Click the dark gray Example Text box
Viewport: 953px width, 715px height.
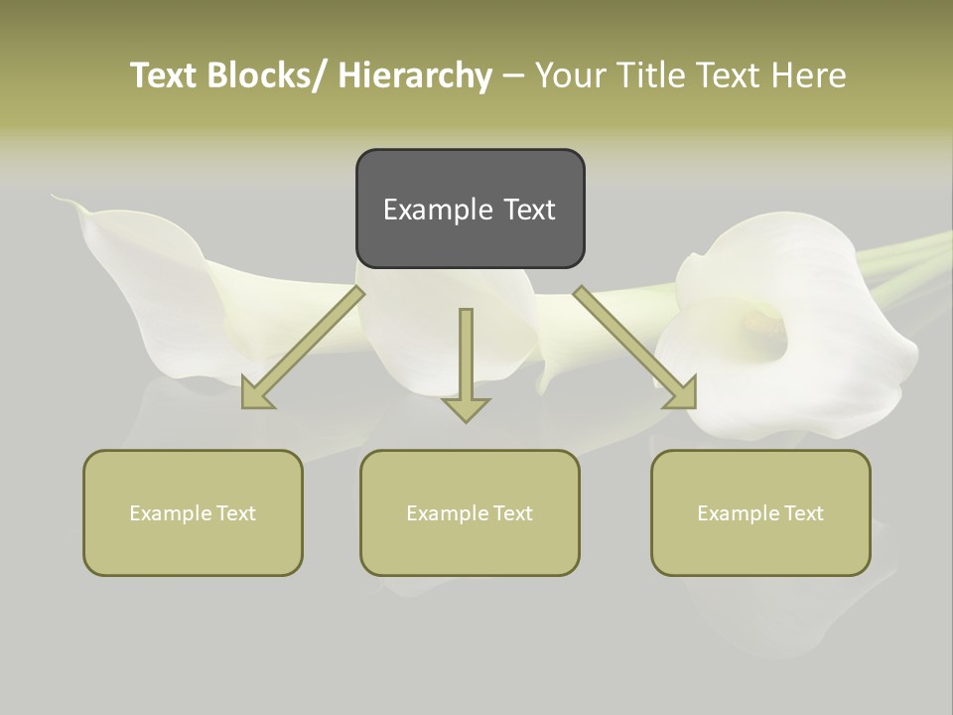[470, 209]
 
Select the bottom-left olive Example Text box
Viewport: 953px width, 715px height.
[193, 512]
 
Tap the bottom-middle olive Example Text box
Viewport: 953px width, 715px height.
[470, 512]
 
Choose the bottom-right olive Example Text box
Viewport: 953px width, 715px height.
[760, 512]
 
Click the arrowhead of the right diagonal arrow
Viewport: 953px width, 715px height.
[684, 395]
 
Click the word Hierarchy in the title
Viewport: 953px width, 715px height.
[415, 75]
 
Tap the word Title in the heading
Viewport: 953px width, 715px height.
[650, 75]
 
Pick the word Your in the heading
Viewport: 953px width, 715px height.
[570, 75]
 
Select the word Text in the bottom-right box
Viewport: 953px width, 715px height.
[803, 513]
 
